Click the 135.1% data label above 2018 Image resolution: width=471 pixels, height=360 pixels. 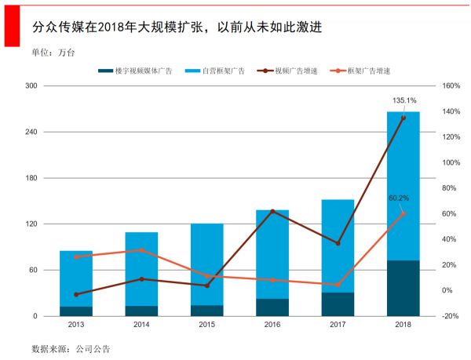[x=404, y=100]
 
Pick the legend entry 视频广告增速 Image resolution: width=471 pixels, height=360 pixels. [x=295, y=71]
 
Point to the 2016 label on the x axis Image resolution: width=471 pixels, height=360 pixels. [x=272, y=324]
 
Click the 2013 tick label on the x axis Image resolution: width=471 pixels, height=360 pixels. [x=76, y=324]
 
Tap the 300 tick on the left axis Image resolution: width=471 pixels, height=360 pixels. [x=31, y=85]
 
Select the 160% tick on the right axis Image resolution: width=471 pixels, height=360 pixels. [x=450, y=85]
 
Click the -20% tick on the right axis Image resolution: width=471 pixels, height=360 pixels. [x=450, y=316]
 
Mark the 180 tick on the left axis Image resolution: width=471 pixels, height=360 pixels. [x=31, y=178]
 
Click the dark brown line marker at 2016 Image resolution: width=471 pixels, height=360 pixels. [x=272, y=212]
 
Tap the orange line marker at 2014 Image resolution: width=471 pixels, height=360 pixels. [x=141, y=250]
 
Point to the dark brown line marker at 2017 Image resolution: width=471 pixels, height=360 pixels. [x=338, y=243]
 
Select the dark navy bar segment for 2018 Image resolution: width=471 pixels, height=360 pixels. [x=403, y=289]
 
